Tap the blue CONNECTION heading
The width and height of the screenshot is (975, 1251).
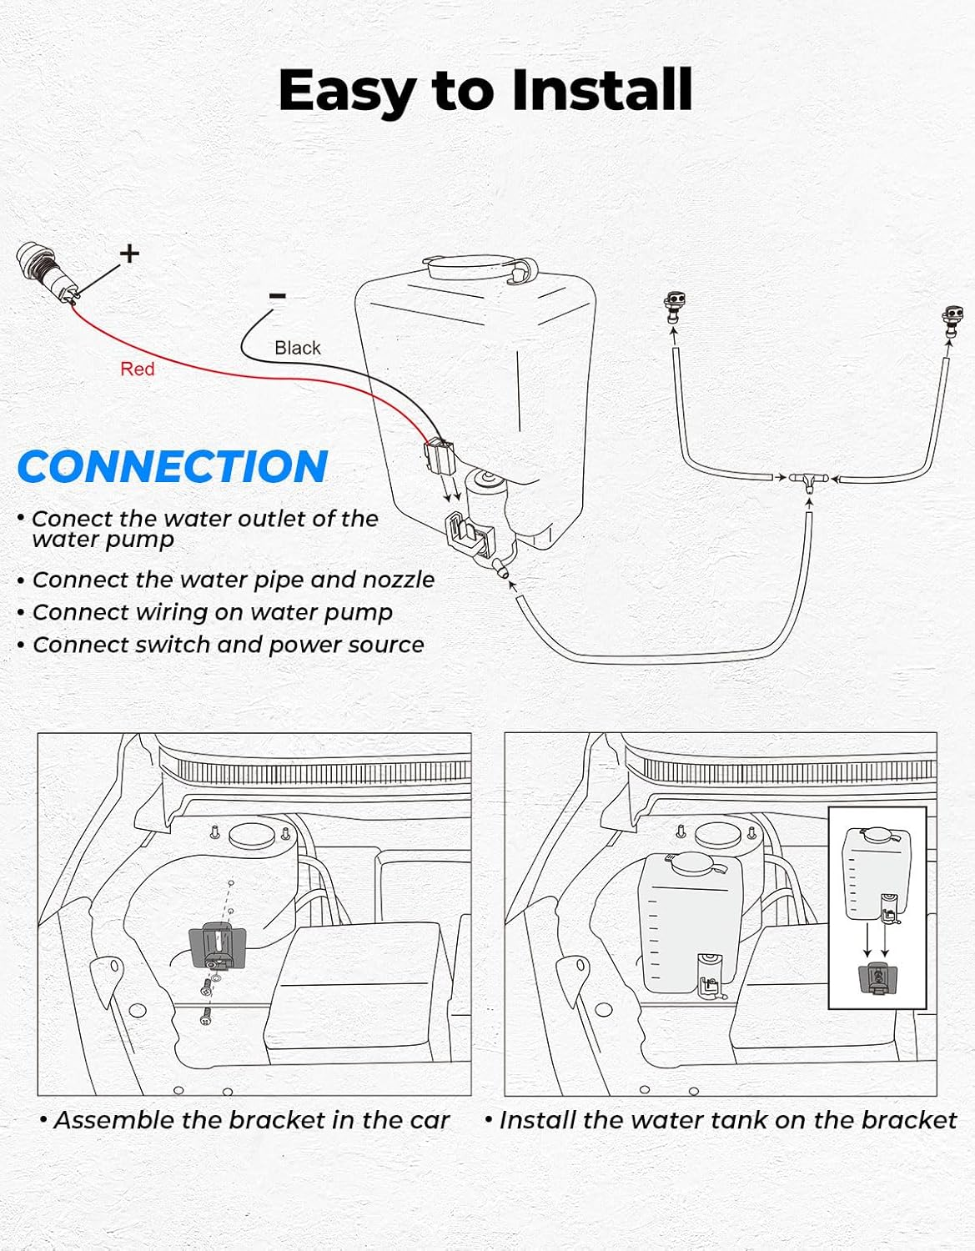pyautogui.click(x=172, y=466)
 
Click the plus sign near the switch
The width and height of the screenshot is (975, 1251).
pyautogui.click(x=129, y=253)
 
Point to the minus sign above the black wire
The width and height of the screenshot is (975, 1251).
pyautogui.click(x=278, y=295)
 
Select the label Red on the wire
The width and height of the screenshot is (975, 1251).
pyautogui.click(x=137, y=369)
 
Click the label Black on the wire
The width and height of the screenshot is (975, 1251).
pyautogui.click(x=298, y=348)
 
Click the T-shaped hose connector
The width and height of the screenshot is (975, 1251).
pyautogui.click(x=809, y=480)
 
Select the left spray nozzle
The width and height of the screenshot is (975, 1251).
pyautogui.click(x=674, y=307)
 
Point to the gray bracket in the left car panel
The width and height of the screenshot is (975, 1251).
pyautogui.click(x=218, y=945)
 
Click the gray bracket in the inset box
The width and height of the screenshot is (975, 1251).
pyautogui.click(x=877, y=977)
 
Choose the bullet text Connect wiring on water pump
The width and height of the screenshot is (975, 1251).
pyautogui.click(x=213, y=612)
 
